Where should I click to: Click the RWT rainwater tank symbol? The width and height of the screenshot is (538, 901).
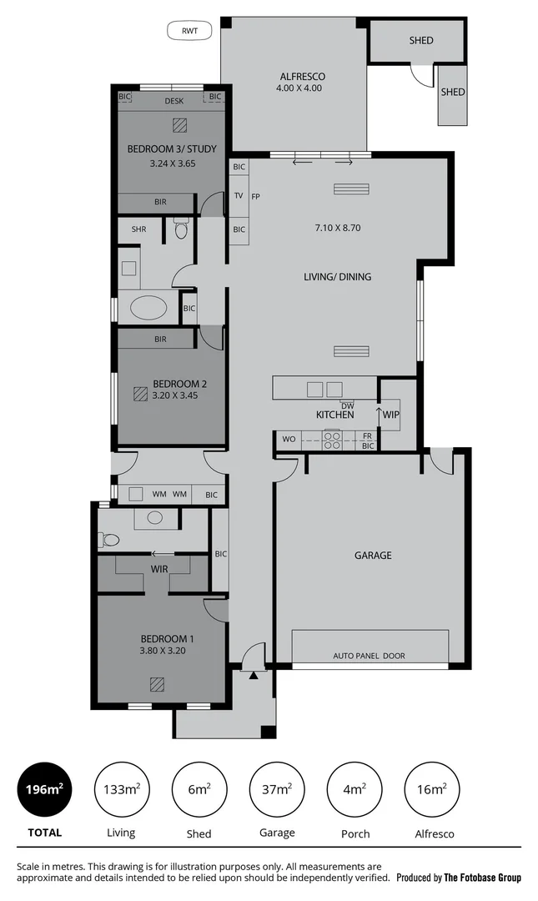point(190,31)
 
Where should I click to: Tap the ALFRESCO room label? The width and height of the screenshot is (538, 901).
point(298,76)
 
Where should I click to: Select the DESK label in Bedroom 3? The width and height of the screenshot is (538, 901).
point(173,101)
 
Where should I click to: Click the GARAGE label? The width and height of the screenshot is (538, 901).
point(373,555)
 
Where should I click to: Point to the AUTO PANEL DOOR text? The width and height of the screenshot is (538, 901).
point(369,656)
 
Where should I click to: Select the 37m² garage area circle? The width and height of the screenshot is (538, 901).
point(277,789)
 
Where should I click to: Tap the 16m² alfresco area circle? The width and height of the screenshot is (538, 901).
point(431,789)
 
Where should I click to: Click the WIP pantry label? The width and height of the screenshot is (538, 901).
point(391,414)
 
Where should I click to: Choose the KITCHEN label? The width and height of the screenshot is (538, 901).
point(334,415)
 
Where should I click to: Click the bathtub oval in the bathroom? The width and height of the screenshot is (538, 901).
point(148,308)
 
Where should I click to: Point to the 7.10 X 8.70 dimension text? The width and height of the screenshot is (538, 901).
point(337,227)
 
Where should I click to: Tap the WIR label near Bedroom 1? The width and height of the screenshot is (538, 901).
point(160,569)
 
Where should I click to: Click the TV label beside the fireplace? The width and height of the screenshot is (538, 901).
point(239,196)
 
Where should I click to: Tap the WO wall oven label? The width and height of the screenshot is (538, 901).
point(289,437)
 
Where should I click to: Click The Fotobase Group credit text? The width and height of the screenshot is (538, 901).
point(482,877)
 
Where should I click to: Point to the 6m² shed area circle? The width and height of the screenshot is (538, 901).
point(199,789)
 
